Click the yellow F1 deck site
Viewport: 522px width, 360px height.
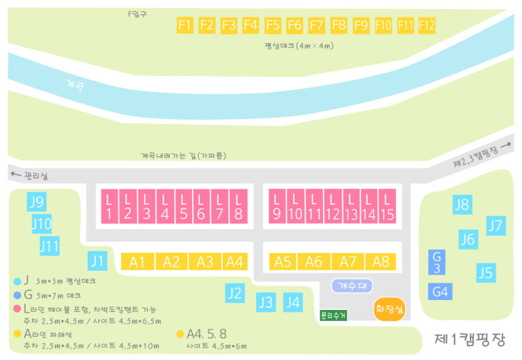coord(184,25)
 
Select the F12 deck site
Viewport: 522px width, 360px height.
coord(427,25)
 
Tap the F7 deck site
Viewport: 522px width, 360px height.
coord(317,25)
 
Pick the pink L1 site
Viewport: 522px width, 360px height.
coord(109,206)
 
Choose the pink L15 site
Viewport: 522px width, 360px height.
coord(387,206)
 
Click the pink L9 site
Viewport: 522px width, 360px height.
coord(277,206)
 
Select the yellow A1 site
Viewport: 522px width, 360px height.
coord(138,262)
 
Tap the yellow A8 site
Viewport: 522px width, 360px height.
coord(381,262)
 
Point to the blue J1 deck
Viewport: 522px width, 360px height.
coord(98,262)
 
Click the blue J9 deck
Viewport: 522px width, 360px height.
coord(37,203)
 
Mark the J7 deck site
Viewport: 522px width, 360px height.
coord(495,226)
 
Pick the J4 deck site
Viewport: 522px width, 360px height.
coord(293,302)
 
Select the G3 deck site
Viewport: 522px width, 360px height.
coord(436,262)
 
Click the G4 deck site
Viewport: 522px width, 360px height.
coord(440,291)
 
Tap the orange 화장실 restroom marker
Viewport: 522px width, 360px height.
coord(389,307)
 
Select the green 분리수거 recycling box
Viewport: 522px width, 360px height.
coord(333,315)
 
